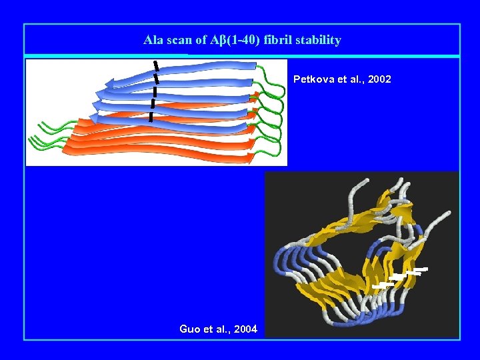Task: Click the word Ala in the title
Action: (x=153, y=40)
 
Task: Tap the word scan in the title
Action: (x=179, y=40)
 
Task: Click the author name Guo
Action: (x=190, y=329)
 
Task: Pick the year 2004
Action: (x=245, y=329)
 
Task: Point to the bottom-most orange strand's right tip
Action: (x=251, y=158)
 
